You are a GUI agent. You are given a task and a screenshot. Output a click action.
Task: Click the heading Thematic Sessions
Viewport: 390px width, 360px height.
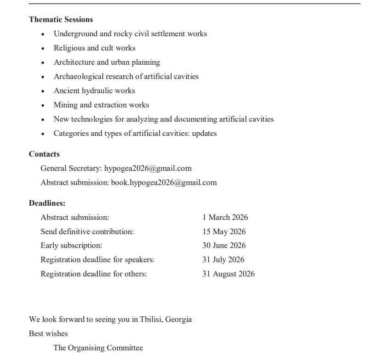61,19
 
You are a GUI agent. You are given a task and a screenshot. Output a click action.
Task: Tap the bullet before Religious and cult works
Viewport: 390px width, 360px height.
43,48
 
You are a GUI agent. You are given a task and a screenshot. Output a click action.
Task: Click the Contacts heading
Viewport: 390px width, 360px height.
44,154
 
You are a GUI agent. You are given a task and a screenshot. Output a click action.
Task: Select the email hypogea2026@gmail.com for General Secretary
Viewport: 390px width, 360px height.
148,168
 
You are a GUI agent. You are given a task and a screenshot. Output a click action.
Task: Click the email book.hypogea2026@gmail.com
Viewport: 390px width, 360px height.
164,182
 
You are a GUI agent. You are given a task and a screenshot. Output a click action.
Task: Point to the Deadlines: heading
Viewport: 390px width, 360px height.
47,202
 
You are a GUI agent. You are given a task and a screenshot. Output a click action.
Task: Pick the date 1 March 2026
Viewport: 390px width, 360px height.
225,217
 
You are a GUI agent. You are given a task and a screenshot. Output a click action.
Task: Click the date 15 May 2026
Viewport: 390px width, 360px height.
224,231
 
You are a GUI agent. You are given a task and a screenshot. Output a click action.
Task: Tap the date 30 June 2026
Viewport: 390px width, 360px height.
224,245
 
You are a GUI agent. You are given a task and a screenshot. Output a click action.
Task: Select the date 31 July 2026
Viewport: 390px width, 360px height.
223,259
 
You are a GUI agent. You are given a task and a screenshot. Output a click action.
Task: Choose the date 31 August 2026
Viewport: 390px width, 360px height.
228,274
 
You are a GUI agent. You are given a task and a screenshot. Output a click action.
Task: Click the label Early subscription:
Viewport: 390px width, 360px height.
71,245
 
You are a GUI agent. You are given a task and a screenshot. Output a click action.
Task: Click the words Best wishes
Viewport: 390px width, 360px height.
48,333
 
